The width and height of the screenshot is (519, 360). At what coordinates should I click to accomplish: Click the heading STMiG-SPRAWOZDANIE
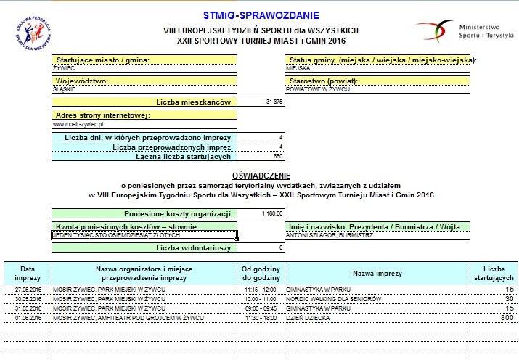(260, 15)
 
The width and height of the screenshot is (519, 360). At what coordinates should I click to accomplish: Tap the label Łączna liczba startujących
(183, 156)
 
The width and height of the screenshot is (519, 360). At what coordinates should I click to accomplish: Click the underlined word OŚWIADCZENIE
(261, 176)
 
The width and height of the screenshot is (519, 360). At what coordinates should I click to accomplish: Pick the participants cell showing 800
(501, 318)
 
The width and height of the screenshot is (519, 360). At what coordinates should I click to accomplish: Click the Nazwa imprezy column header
(377, 273)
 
